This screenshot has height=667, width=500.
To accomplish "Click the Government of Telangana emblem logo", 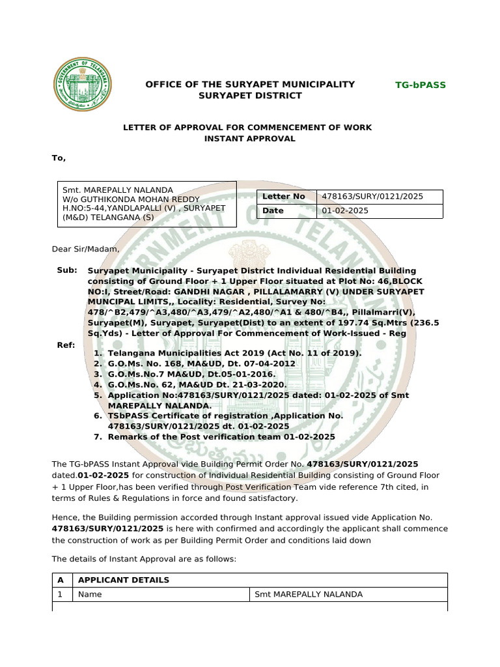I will coord(81,85).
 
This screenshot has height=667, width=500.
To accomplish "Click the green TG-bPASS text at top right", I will coord(421,85).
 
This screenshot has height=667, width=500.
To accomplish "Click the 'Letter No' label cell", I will coord(283,197).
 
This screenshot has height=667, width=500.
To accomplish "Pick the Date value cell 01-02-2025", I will coord(380,211).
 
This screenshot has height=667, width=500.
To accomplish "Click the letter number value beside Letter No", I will coord(380,197).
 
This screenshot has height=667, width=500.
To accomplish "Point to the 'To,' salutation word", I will coord(59,158).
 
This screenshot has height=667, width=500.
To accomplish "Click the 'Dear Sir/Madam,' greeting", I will coord(86,249).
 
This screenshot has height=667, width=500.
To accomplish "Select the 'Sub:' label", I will coord(67,270).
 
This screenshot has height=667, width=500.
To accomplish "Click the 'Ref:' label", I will coord(66,345).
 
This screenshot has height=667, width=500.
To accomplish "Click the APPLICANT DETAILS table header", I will coord(124,580).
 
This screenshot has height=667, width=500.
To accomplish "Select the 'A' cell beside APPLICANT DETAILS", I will coord(61,580).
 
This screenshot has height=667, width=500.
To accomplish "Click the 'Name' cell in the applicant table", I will coord(89,595).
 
